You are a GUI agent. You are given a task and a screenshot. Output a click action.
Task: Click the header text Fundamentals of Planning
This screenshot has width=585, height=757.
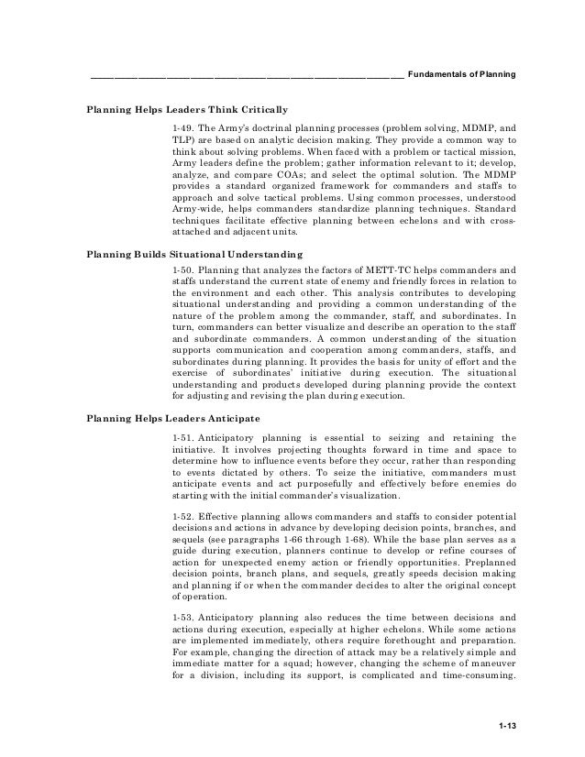click(x=460, y=73)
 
